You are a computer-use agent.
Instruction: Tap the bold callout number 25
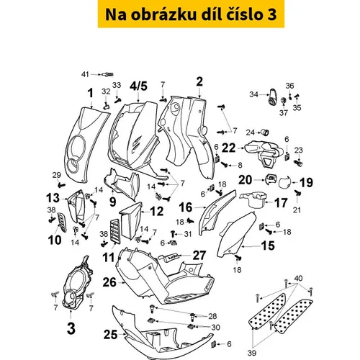110,335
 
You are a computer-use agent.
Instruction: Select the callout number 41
85,74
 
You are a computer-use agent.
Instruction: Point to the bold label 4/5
139,86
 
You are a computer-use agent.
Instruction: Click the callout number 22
228,148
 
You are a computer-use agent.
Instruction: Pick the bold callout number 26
109,282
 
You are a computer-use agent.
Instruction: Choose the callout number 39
252,353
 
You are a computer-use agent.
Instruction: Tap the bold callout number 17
281,203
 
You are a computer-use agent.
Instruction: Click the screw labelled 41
108,75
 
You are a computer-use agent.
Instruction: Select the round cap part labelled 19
284,182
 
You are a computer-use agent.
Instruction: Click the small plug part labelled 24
265,132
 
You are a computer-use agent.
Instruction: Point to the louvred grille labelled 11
115,231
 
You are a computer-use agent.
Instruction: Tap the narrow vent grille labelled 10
62,222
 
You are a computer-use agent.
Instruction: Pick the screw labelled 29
61,185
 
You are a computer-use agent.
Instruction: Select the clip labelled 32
107,106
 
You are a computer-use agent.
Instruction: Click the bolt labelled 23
298,163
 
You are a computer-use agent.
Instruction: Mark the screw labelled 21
297,192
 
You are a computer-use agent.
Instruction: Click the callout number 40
298,279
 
